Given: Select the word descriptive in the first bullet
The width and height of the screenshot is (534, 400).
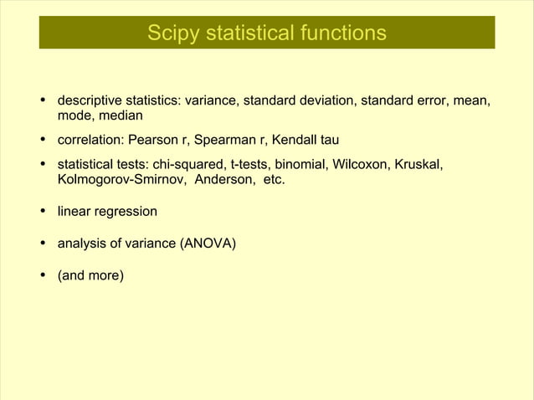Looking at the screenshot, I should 90,101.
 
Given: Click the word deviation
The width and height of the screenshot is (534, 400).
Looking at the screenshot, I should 329,101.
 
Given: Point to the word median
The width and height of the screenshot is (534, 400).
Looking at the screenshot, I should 121,116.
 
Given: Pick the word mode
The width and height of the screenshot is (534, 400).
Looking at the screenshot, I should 74,116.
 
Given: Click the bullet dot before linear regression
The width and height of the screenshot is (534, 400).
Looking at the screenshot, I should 43,213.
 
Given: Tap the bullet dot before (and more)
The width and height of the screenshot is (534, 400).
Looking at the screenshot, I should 43,274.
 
